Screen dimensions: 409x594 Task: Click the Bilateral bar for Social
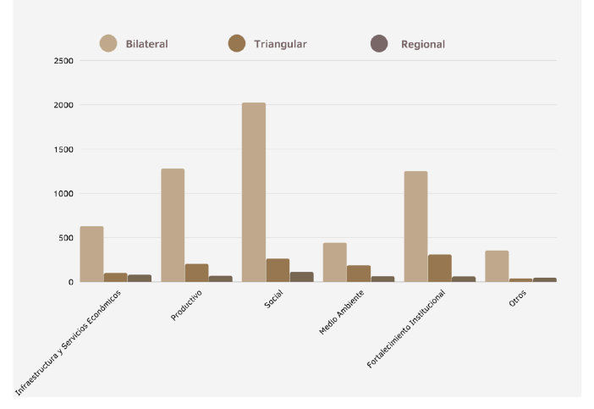(x=253, y=192)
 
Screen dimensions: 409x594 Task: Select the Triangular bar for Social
(x=278, y=270)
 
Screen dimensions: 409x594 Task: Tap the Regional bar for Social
(x=301, y=277)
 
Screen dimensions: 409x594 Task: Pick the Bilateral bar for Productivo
(x=173, y=225)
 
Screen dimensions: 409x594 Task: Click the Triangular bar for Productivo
(x=196, y=273)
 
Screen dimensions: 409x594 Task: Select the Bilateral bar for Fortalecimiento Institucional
(x=415, y=226)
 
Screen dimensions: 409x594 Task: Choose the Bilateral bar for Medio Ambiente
(x=334, y=262)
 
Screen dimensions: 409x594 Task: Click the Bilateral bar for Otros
(x=497, y=266)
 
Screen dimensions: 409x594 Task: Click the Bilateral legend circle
(x=108, y=44)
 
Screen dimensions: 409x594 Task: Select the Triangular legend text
(x=280, y=44)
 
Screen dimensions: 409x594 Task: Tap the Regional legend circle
(x=379, y=44)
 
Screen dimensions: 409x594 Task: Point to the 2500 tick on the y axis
(x=63, y=61)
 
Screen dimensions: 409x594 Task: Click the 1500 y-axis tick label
(x=63, y=149)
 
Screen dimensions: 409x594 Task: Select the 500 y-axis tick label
(x=66, y=237)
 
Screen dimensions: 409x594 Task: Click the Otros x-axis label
(x=517, y=299)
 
